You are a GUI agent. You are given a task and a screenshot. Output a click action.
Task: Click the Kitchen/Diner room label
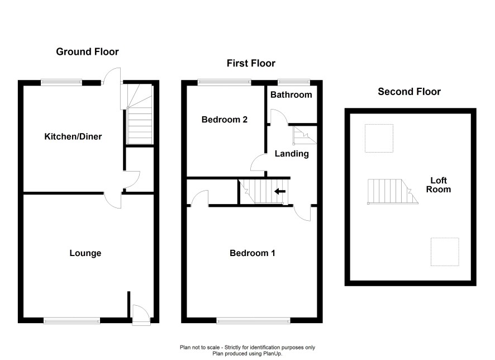73,136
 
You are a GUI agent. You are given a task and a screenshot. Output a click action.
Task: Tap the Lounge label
85,253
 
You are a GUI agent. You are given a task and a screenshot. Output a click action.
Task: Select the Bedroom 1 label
252,253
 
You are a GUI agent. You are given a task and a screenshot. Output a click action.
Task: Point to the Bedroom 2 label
225,120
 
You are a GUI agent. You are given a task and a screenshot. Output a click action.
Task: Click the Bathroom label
291,94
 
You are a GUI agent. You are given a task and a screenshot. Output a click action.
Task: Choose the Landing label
292,154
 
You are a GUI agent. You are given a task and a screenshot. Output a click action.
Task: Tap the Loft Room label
439,184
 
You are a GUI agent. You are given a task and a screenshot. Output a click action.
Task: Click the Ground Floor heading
88,51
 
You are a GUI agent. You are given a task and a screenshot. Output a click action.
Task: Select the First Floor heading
251,63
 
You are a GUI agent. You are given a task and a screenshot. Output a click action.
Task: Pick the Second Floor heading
409,92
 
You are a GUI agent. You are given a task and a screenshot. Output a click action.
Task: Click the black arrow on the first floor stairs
280,191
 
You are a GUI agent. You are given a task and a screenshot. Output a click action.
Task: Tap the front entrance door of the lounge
140,315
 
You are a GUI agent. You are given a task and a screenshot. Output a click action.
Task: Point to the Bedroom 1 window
253,320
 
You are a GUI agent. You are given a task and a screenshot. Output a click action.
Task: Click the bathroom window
294,82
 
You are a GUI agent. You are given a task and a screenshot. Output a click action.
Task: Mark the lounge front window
72,320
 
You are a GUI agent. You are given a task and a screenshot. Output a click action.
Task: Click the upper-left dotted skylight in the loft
379,138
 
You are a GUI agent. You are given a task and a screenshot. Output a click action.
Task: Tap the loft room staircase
393,192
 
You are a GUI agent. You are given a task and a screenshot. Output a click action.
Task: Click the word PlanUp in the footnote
273,354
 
